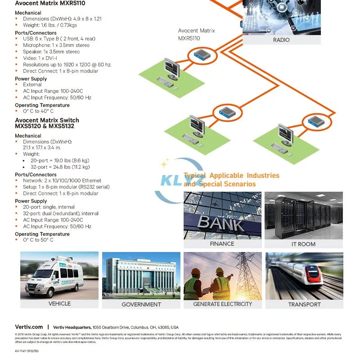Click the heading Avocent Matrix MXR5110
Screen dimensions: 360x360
(50, 3)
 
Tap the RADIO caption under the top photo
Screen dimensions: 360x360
(281, 40)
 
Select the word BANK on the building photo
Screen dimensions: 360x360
(221, 222)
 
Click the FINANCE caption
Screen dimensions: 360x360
(222, 244)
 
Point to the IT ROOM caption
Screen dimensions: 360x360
(303, 244)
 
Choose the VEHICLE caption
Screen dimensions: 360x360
(59, 304)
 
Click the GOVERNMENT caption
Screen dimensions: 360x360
(141, 305)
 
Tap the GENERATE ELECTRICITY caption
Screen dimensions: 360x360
(222, 304)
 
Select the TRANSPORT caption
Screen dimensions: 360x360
(304, 305)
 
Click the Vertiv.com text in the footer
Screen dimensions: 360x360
(29, 327)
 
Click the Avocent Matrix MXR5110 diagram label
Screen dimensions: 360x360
(196, 35)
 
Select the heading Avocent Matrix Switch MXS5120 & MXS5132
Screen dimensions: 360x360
(47, 123)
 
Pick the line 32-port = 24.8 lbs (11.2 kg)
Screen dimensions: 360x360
(60, 167)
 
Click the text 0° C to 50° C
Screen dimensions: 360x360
(38, 240)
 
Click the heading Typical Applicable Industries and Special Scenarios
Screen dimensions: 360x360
(231, 180)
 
